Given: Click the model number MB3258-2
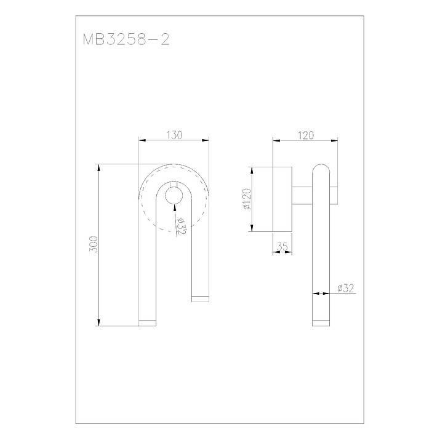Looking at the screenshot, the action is (126, 39).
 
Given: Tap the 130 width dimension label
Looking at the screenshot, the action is (175, 135).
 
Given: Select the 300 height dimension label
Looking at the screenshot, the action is (94, 244).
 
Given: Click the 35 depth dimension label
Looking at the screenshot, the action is (282, 247).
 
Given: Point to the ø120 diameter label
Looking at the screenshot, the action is (247, 199).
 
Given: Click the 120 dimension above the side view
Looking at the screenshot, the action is (306, 135).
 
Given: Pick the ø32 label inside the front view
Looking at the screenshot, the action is (182, 226).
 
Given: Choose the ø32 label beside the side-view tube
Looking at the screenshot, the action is (346, 288).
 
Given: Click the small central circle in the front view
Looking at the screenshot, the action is (174, 195).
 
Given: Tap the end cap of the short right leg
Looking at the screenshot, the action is (201, 299).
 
